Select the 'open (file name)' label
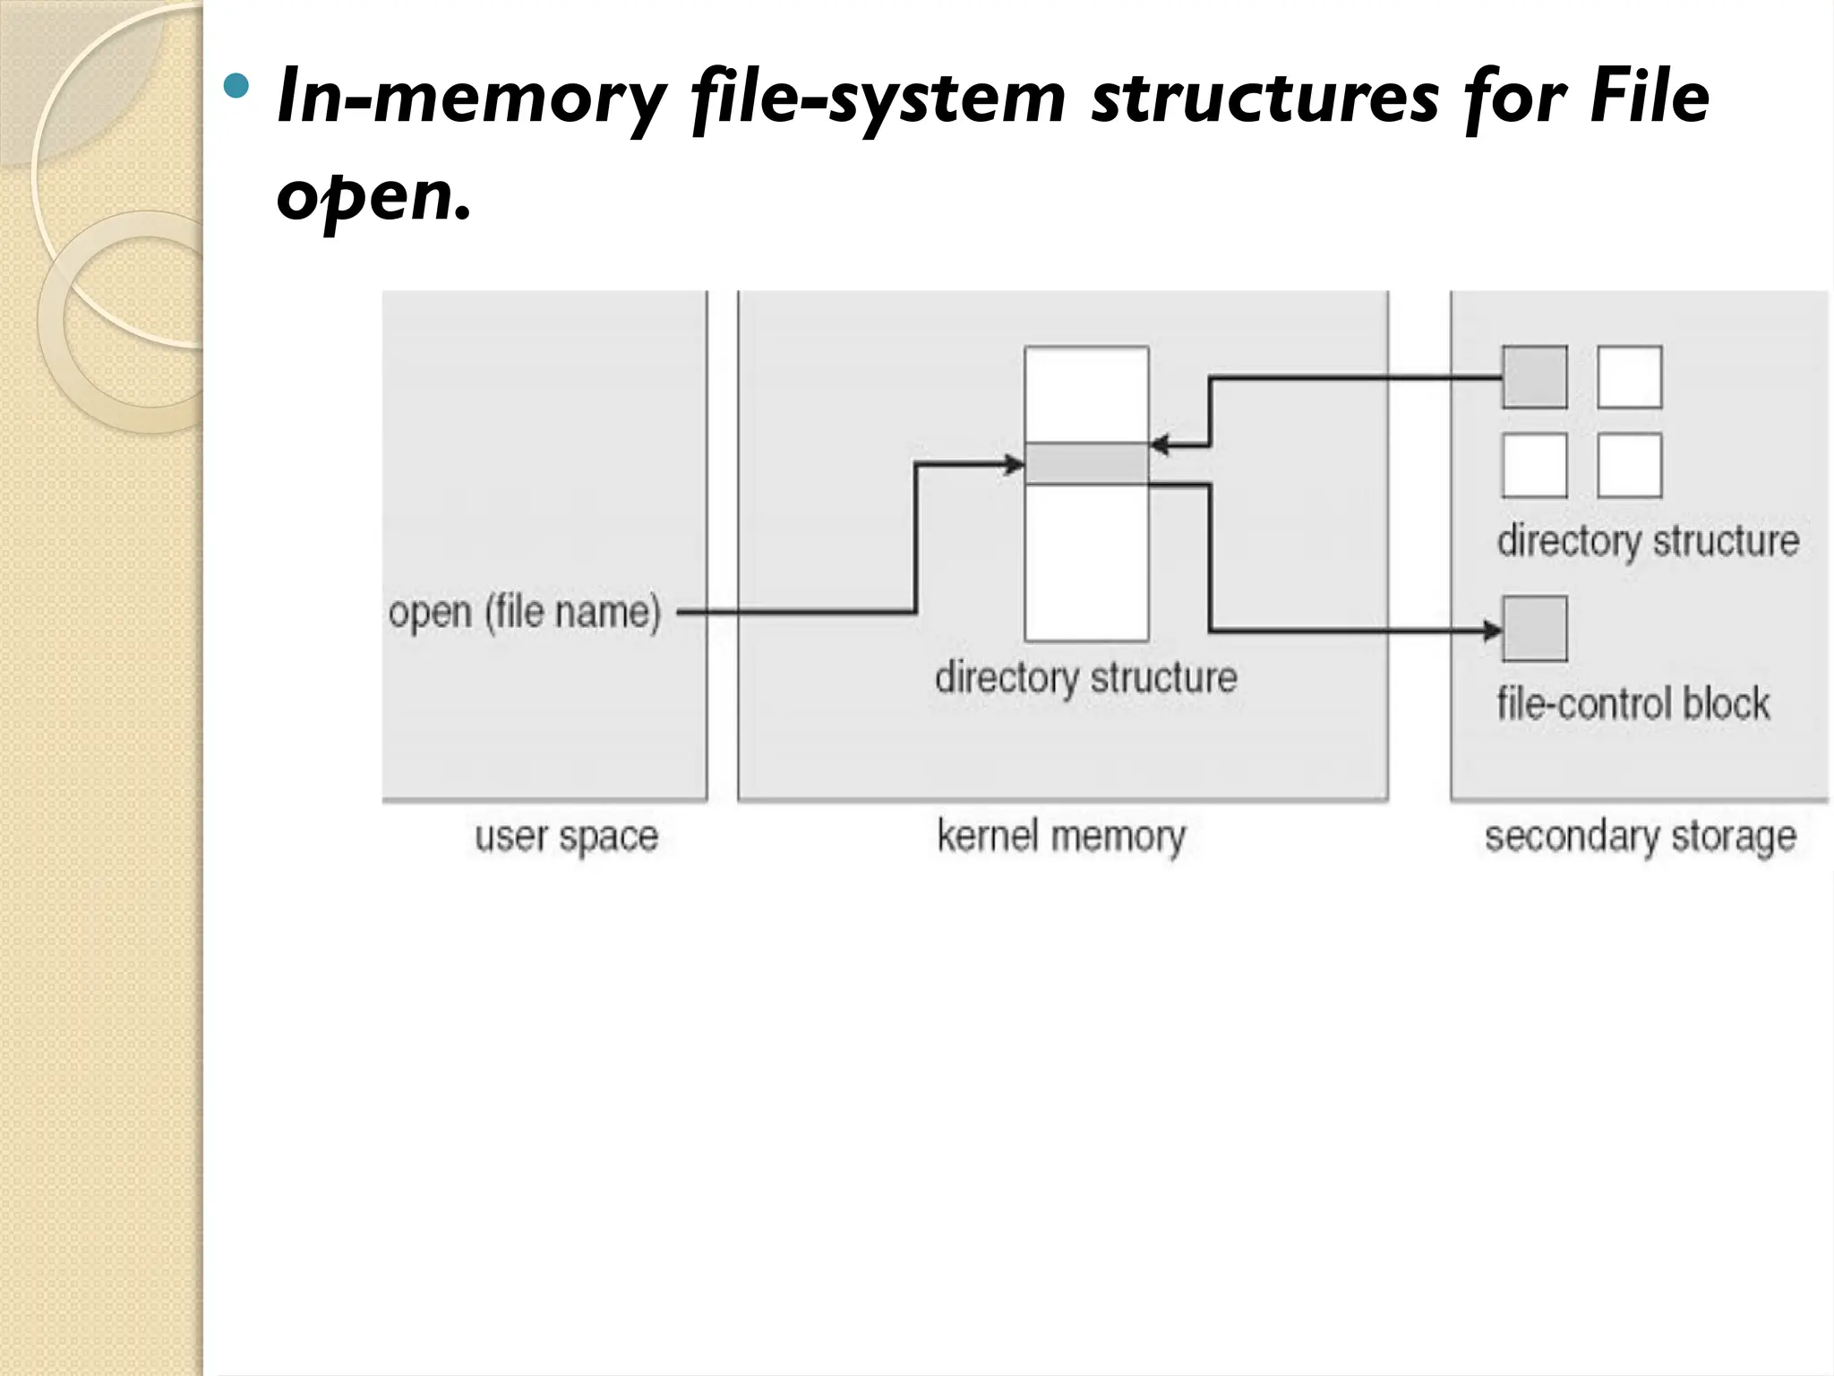[525, 614]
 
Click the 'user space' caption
[566, 837]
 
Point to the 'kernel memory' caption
[1061, 837]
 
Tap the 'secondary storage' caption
[1640, 837]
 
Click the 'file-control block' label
[1633, 703]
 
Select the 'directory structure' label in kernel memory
[1085, 677]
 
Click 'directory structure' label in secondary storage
[1648, 541]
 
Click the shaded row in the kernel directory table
[1086, 463]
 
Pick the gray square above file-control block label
[1534, 629]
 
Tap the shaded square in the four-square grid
[1534, 377]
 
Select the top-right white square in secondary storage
[1629, 377]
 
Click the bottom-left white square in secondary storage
[1534, 465]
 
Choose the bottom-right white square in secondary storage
[1629, 465]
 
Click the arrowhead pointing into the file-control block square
[1492, 632]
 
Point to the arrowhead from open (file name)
[1015, 464]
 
